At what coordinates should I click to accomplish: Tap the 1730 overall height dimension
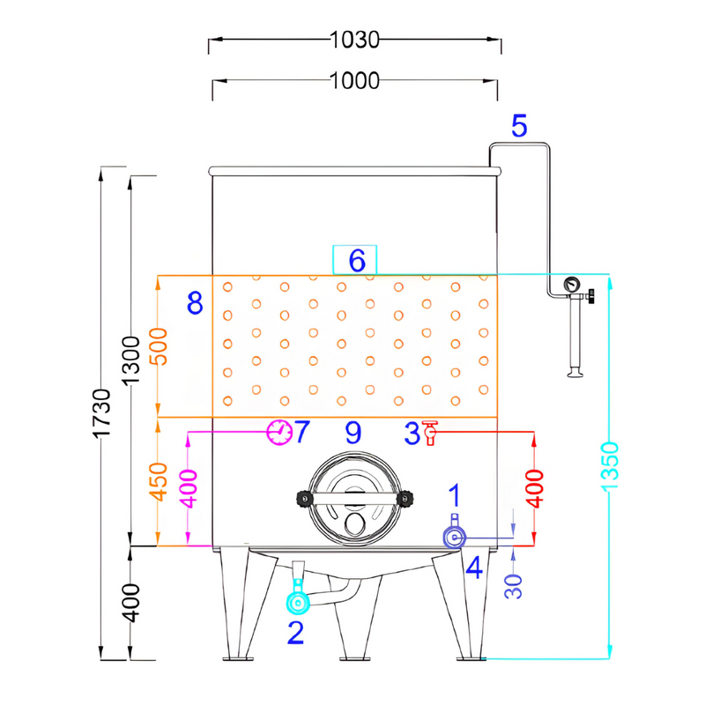coord(102,412)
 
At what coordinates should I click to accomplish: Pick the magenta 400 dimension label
coord(189,487)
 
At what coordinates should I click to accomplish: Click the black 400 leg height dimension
coord(131,602)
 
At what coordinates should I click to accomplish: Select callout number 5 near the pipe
coord(519,126)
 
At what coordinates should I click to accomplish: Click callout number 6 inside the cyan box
coord(356,261)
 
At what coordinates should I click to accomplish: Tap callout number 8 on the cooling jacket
coord(195,304)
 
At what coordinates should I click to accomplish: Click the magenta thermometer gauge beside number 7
coord(279,432)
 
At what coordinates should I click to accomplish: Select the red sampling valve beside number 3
coord(430,433)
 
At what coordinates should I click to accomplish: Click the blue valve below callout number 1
coord(455,536)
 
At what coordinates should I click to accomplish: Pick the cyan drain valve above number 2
coord(297,603)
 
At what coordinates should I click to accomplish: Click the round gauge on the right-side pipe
coord(573,285)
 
